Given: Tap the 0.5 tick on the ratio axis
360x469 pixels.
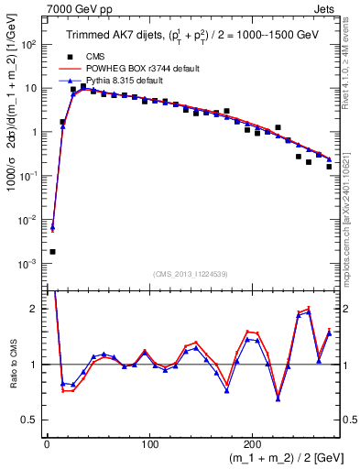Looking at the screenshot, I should coord(35,420).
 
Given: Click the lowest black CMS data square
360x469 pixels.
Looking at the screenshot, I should coord(52,251).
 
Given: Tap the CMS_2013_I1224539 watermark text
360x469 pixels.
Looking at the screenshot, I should coord(191,273).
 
